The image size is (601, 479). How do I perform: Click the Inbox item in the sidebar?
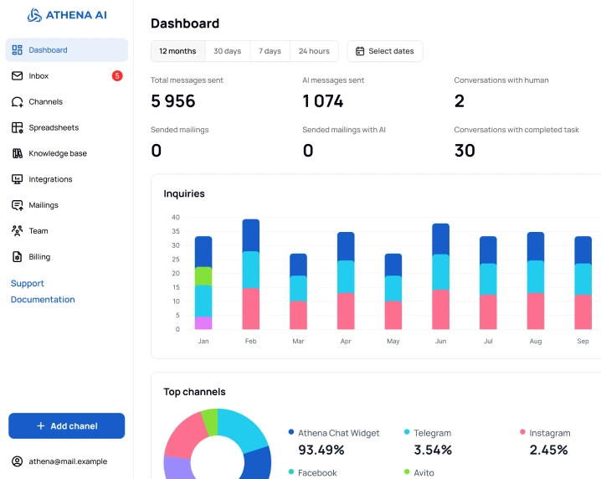(x=39, y=76)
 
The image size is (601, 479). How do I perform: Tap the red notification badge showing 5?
(x=117, y=76)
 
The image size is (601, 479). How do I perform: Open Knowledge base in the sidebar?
(x=57, y=153)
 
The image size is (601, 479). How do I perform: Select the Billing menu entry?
(x=39, y=257)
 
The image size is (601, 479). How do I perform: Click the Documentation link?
(x=43, y=300)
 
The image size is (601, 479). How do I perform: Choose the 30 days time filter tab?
(x=227, y=51)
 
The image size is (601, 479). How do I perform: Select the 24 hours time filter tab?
(x=314, y=51)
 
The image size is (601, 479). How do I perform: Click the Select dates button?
(x=385, y=51)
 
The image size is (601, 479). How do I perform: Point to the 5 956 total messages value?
(x=173, y=101)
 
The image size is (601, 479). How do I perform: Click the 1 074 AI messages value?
(x=323, y=101)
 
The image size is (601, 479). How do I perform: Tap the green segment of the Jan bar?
(x=203, y=276)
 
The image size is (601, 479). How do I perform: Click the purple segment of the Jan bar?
(x=203, y=323)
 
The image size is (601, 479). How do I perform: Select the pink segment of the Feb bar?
(x=250, y=309)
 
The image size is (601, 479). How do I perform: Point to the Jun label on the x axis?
(x=440, y=342)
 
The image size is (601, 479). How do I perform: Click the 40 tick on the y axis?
(x=176, y=217)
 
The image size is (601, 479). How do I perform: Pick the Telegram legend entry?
(x=432, y=433)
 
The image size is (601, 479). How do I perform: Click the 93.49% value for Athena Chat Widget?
(x=321, y=450)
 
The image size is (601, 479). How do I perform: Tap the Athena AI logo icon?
(x=34, y=15)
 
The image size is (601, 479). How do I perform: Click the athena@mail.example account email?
(x=68, y=461)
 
